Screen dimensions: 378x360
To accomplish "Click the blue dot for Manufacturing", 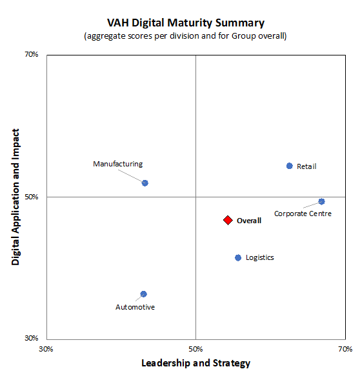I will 145,183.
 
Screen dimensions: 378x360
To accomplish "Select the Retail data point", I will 290,166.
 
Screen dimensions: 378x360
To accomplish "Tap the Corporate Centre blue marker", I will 321,201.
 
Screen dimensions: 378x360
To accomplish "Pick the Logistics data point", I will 238,257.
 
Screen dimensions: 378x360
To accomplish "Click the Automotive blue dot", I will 144,294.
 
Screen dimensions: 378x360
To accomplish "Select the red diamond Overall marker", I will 228,220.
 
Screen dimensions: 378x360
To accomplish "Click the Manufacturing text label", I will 117,164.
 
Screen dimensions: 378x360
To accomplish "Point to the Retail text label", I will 306,166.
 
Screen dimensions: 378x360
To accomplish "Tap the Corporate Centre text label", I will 303,214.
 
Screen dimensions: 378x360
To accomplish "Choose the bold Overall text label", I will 249,221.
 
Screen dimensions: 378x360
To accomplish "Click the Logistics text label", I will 260,257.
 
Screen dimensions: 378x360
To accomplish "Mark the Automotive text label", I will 135,307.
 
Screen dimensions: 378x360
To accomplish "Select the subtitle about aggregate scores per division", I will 185,35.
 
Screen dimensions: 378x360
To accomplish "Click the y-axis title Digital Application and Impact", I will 16,197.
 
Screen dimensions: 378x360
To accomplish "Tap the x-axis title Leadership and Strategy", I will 195,363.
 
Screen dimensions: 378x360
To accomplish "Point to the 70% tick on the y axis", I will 32,55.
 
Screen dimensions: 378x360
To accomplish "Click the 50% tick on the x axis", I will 195,349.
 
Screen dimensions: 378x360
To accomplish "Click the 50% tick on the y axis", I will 32,197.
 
